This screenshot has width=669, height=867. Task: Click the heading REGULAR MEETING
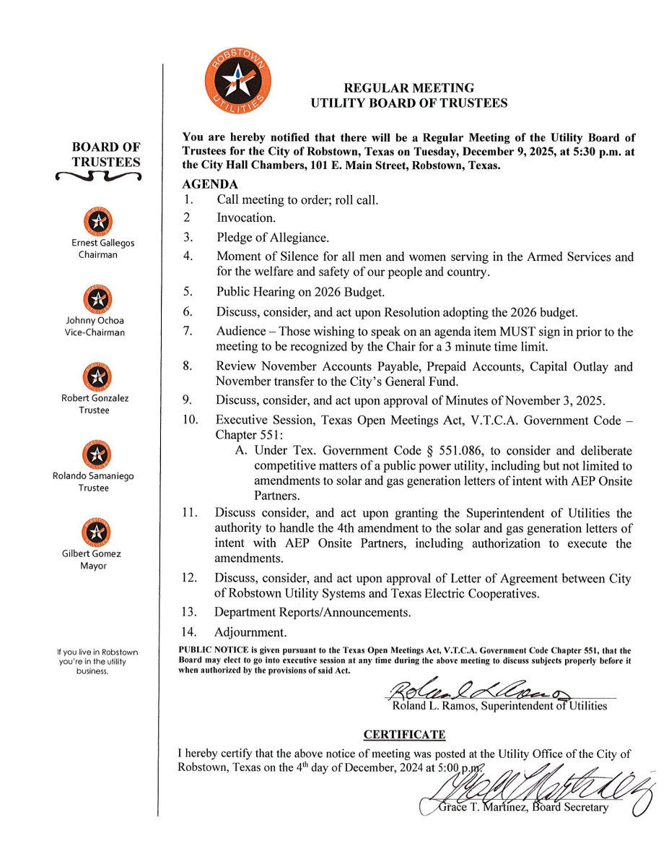pos(408,88)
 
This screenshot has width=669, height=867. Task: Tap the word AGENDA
pos(211,184)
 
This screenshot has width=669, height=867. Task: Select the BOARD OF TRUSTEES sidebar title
pos(106,155)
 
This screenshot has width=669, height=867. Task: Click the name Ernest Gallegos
pos(102,243)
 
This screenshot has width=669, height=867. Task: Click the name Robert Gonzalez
pos(95,398)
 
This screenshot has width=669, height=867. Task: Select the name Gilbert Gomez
pos(94,553)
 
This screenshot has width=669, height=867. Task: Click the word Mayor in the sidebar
pos(94,566)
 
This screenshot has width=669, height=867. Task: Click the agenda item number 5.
pos(187,293)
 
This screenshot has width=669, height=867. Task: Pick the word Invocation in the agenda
pos(245,217)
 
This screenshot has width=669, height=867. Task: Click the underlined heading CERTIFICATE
pos(404,735)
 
